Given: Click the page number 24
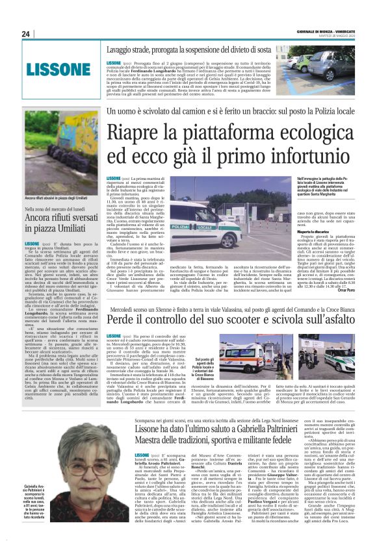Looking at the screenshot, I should pyautogui.click(x=26, y=34).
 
